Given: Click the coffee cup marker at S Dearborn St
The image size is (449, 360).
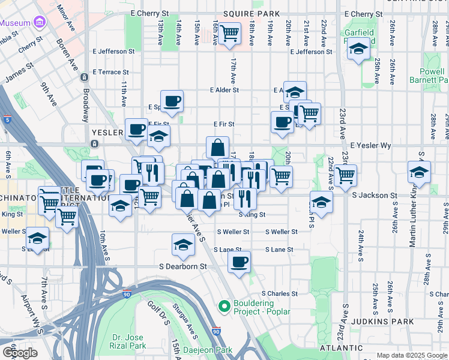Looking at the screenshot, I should pos(239,262).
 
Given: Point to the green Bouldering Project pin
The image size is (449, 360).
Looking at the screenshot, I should pos(224,307).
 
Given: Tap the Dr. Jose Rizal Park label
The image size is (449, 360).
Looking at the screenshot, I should pos(129,341).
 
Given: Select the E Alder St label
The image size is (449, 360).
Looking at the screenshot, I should pos(224,90).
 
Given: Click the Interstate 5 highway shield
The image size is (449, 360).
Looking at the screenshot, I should pos(7,119).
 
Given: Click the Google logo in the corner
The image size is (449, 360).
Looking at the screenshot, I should pos(20,353).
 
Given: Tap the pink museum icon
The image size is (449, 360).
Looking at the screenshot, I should pos(40,23).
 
